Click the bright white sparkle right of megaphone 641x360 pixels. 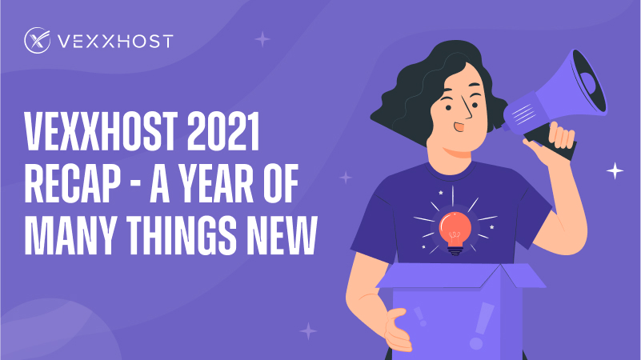(615, 170)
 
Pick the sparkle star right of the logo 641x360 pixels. (262, 38)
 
